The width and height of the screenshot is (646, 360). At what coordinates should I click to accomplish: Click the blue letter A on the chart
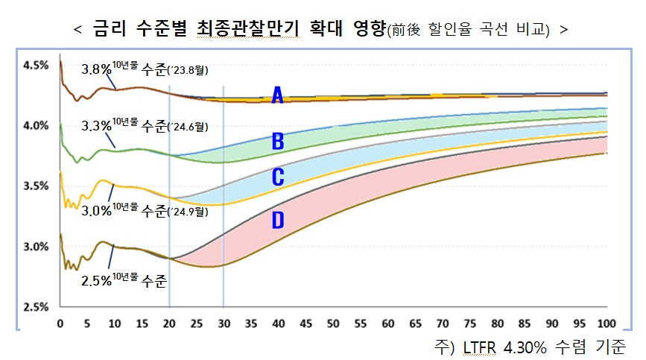pos(277,95)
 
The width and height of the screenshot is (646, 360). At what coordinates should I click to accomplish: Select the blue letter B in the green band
pos(277,141)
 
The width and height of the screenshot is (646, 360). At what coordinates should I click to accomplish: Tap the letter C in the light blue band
pos(277,177)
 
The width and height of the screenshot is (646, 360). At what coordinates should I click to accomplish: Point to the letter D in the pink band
pos(277,221)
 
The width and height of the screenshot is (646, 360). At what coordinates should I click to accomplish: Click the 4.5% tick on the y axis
pos(36,66)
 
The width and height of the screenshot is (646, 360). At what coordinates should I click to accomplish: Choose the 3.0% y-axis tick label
pos(36,247)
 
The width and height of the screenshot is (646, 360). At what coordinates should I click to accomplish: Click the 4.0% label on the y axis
pos(36,126)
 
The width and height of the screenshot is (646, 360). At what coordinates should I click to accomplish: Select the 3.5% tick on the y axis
pos(36,186)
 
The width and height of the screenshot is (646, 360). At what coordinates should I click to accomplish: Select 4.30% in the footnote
pos(519,347)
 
